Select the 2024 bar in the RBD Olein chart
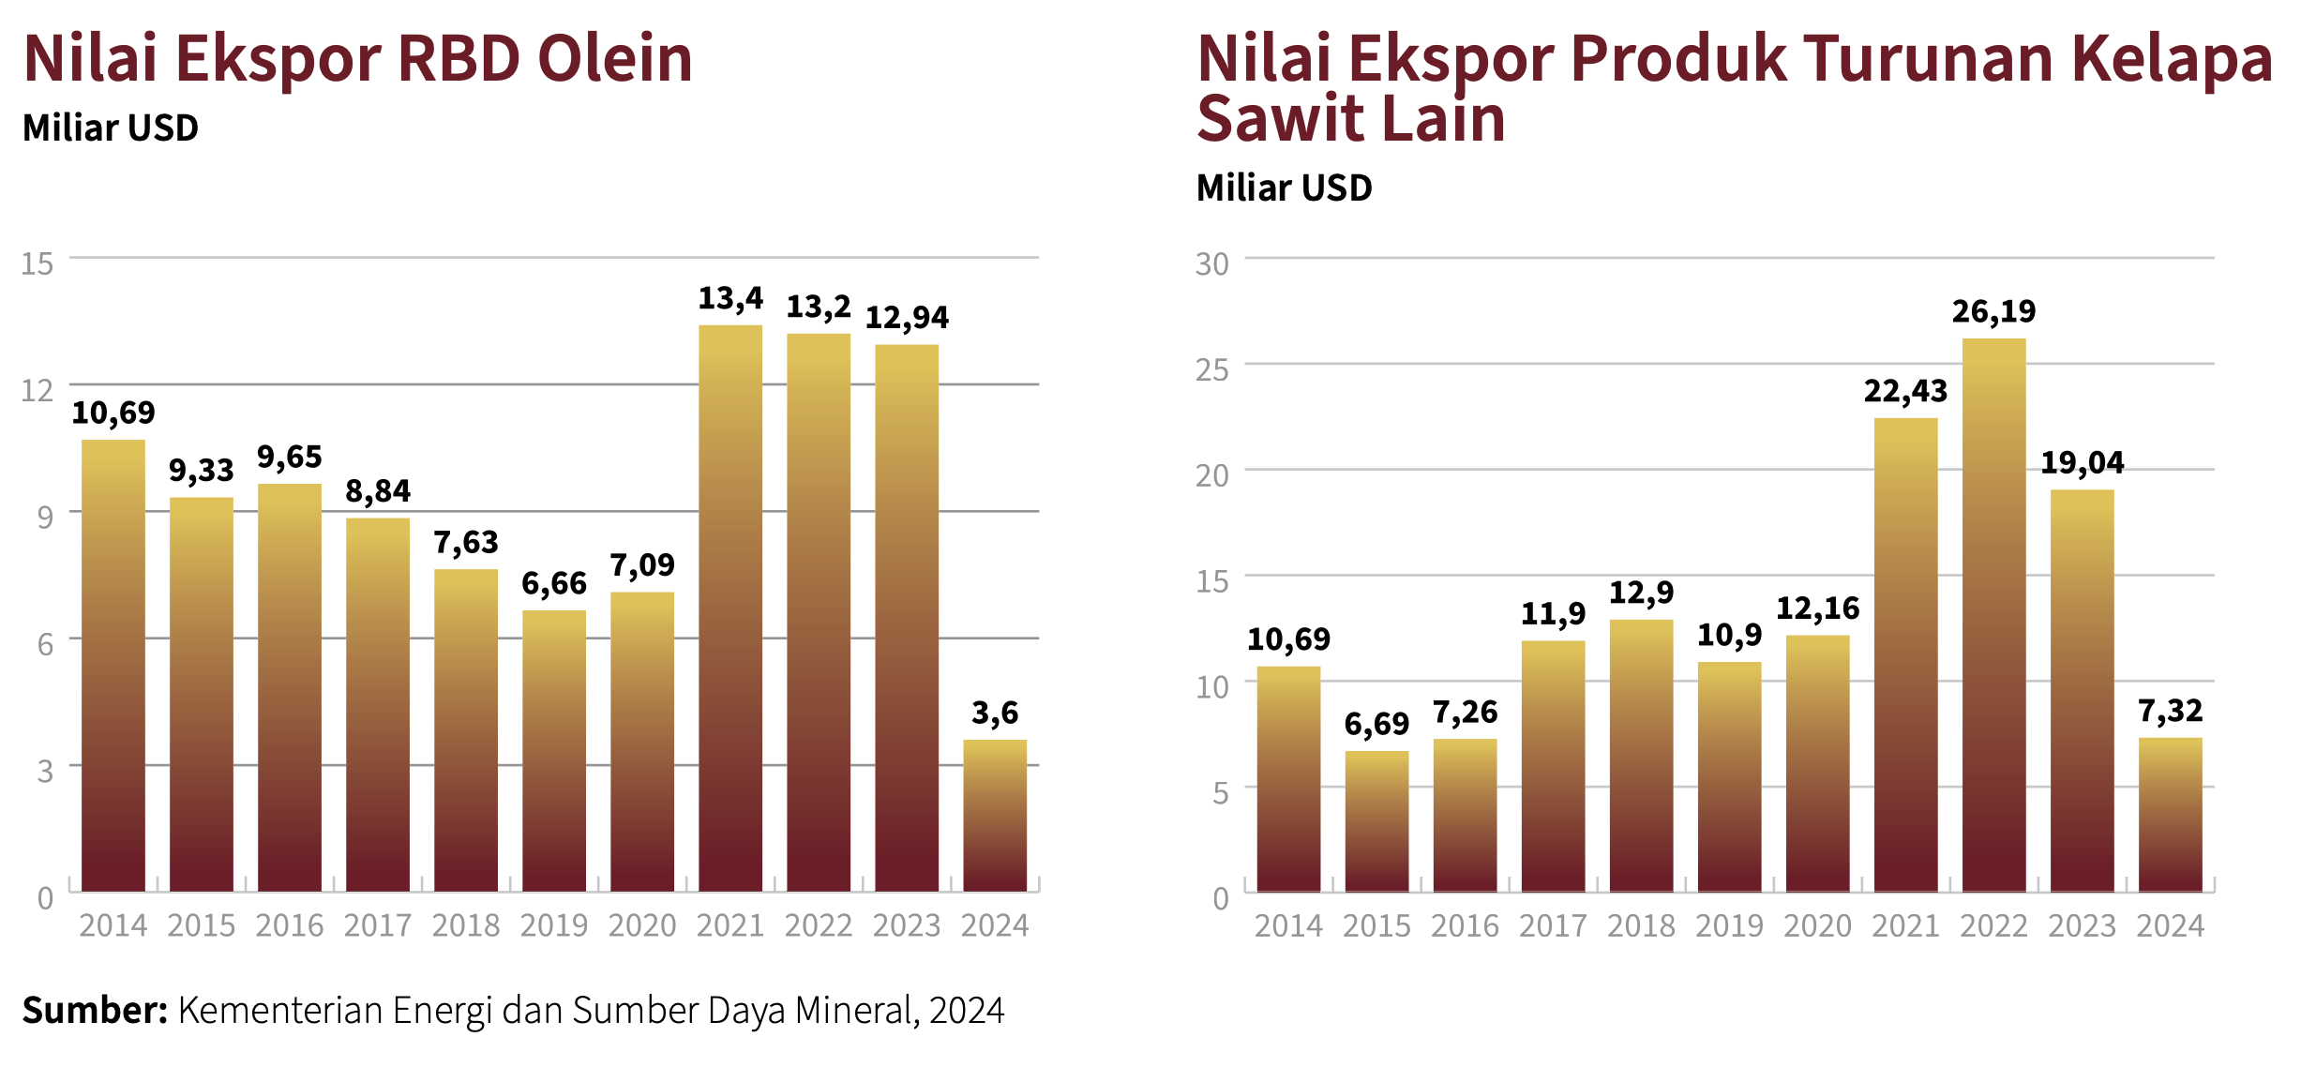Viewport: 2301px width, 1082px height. pyautogui.click(x=995, y=815)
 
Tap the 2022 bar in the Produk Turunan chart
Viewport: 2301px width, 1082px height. pyautogui.click(x=1993, y=614)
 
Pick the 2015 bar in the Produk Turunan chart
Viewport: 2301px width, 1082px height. pyautogui.click(x=1376, y=820)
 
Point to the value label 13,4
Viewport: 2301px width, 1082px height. pyautogui.click(x=730, y=299)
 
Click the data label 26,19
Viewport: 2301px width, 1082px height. pyautogui.click(x=1993, y=311)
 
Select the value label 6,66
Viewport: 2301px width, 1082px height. pyautogui.click(x=554, y=584)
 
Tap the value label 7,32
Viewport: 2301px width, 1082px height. pyautogui.click(x=2170, y=712)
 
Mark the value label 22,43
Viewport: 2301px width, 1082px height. pyautogui.click(x=1905, y=391)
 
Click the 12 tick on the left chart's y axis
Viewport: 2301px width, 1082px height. pyautogui.click(x=38, y=390)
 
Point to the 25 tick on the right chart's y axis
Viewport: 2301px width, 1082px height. pyautogui.click(x=1211, y=370)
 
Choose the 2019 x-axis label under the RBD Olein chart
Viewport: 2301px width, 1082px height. pyautogui.click(x=554, y=926)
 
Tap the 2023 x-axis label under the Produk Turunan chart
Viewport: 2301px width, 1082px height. pyautogui.click(x=2082, y=926)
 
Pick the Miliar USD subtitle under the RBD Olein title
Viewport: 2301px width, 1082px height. pyautogui.click(x=111, y=128)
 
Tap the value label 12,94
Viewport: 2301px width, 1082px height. pyautogui.click(x=907, y=318)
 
